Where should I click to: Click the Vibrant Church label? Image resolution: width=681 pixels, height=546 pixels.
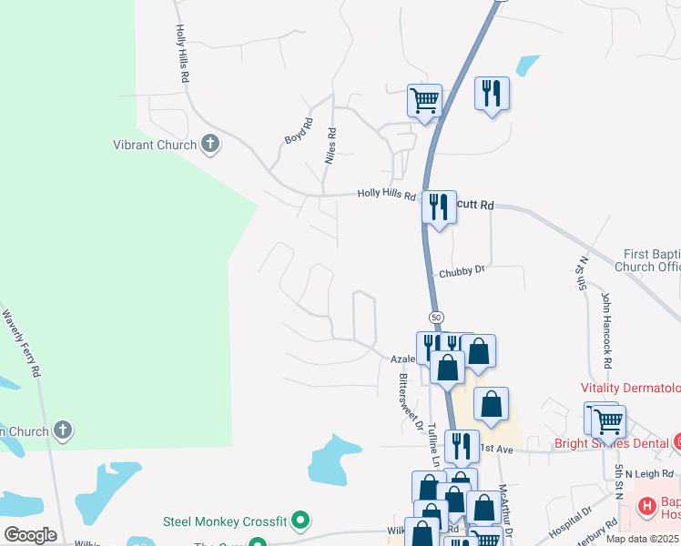point(154,145)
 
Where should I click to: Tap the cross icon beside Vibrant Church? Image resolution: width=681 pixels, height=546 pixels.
point(210,144)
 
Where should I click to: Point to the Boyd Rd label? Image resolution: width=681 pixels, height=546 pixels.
point(298,132)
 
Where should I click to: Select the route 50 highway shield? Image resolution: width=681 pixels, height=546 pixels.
point(437,317)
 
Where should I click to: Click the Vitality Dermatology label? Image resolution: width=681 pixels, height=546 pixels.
point(630,388)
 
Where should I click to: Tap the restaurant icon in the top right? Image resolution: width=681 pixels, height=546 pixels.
point(492,93)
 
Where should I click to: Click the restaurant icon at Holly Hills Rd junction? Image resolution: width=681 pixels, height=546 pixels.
point(439,207)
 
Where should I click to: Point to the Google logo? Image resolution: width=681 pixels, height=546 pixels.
point(30,534)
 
